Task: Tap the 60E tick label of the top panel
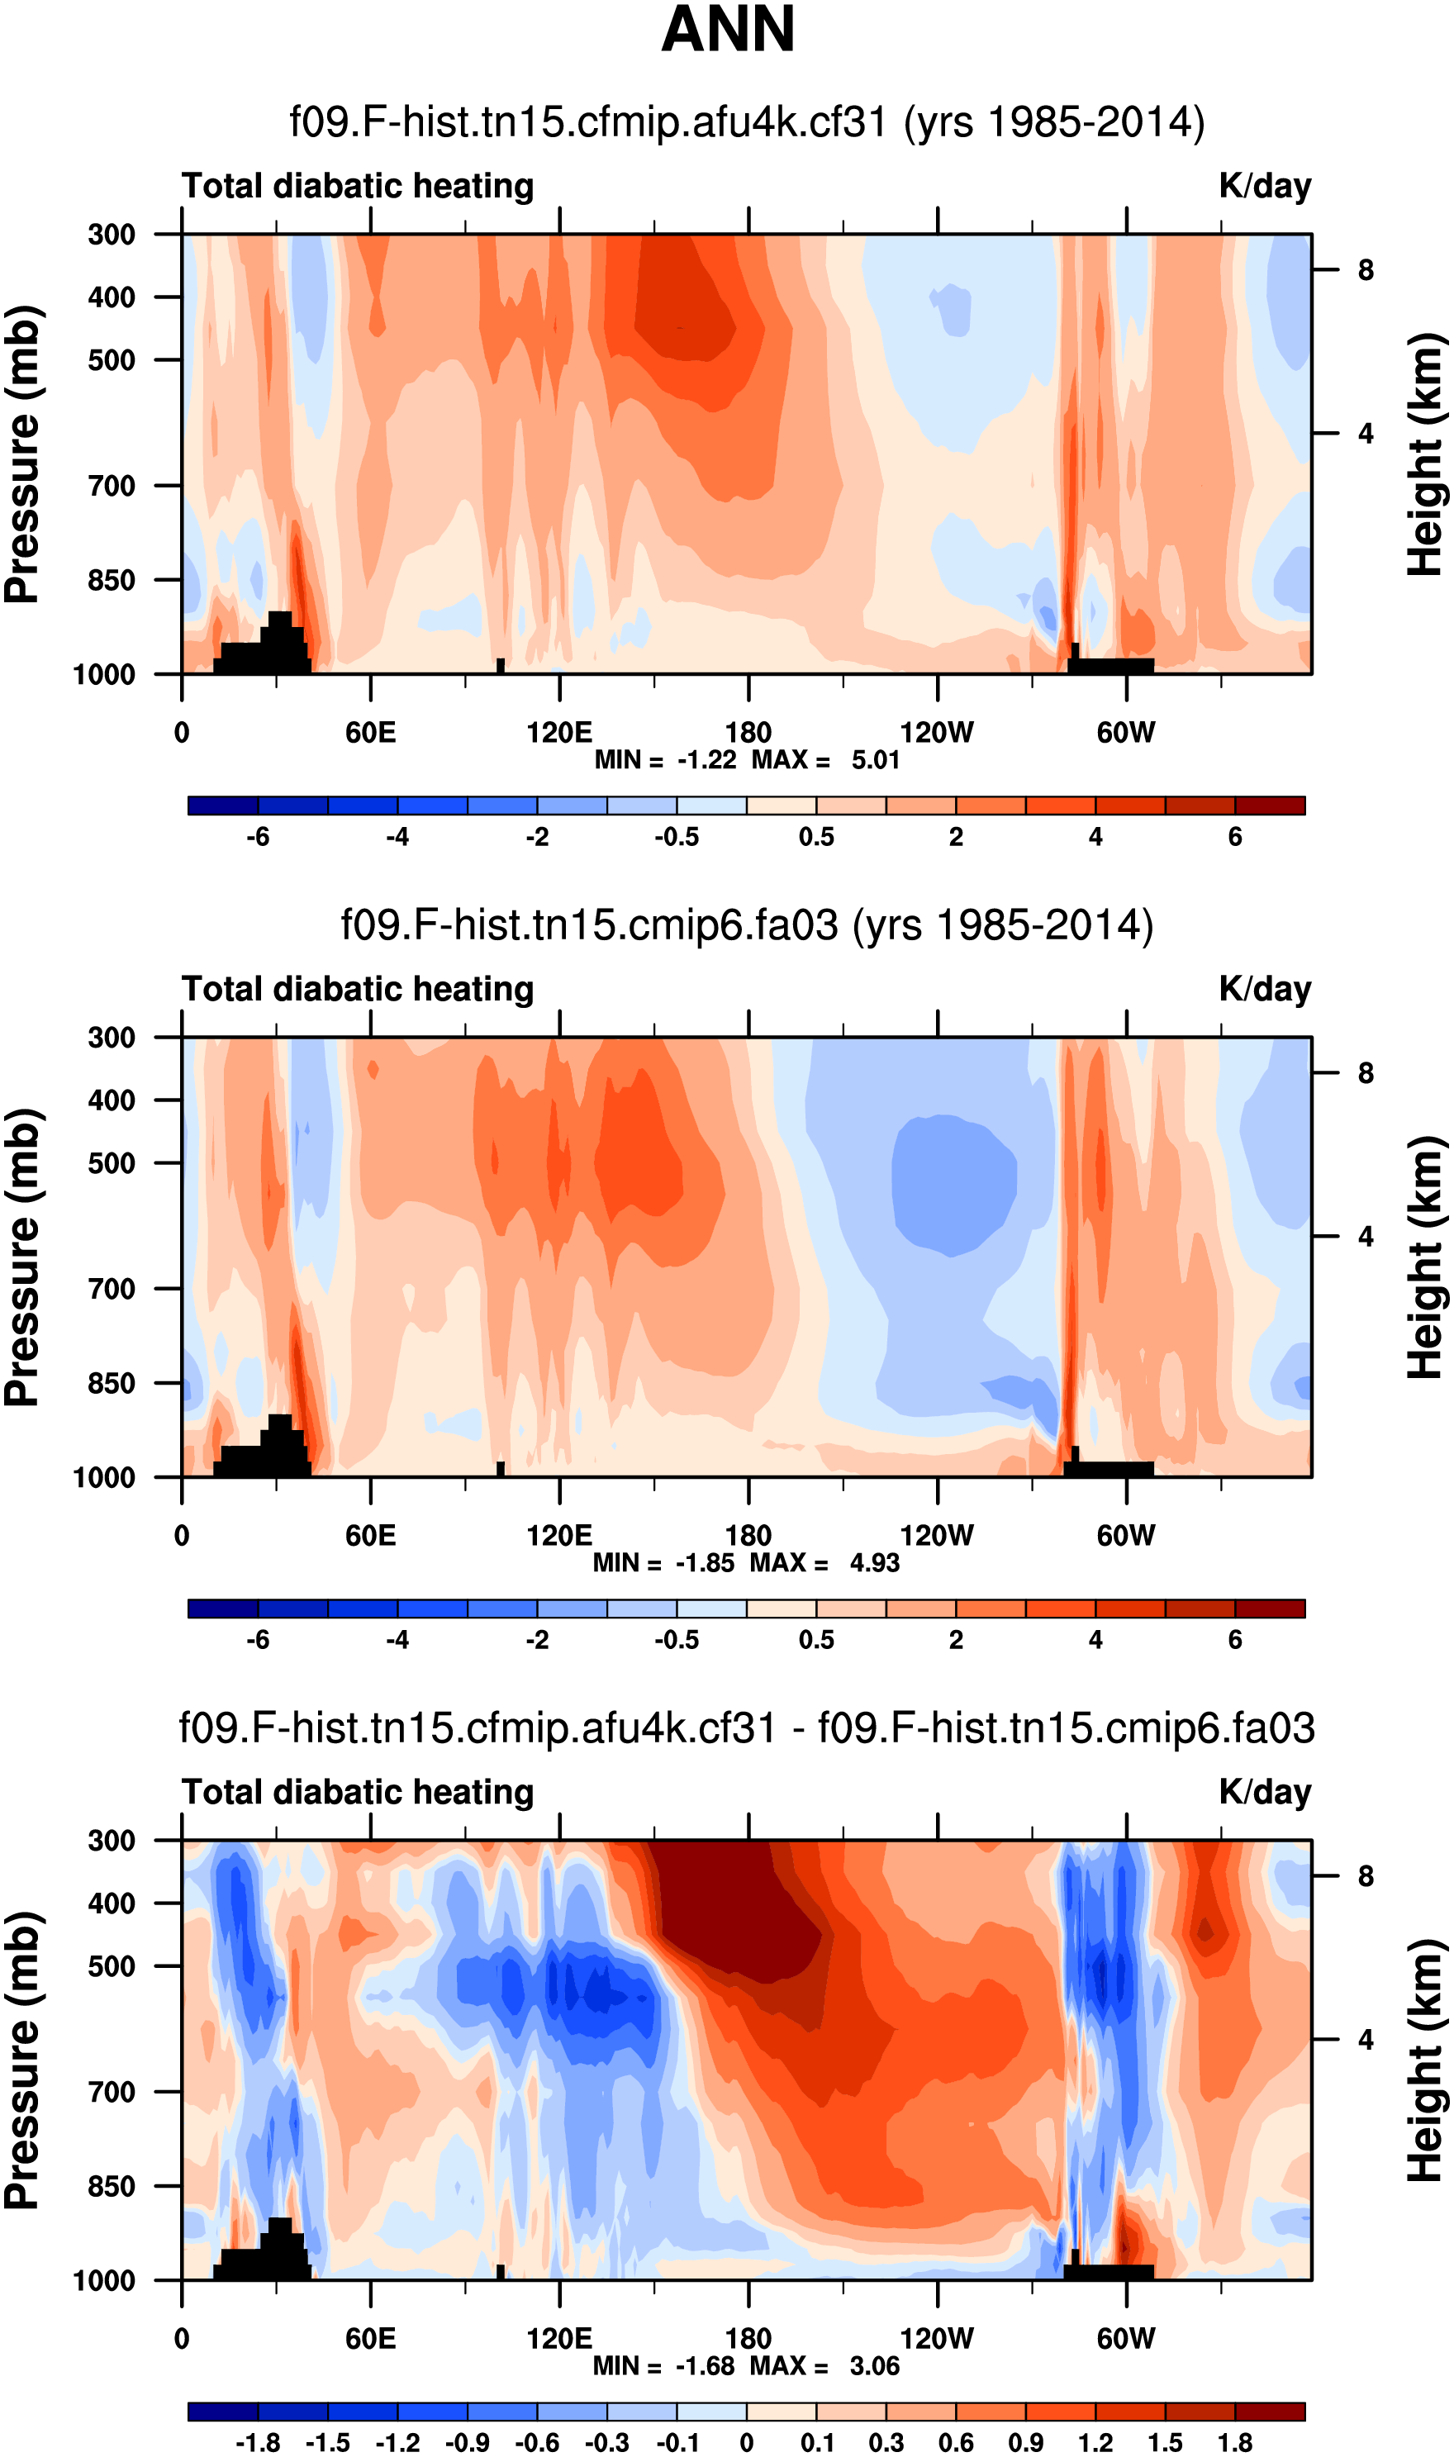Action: tap(370, 732)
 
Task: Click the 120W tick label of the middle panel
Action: tap(937, 1535)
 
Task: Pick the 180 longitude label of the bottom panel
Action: tap(748, 2339)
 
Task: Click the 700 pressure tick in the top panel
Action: tap(112, 485)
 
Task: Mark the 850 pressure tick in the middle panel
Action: tap(112, 1383)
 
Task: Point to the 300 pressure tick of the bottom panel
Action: tap(112, 1841)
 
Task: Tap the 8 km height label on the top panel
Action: tap(1366, 270)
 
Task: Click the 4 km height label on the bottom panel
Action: tap(1366, 2040)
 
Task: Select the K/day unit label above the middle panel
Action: tap(1264, 990)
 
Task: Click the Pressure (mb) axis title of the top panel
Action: tap(21, 454)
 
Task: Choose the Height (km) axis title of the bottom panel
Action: tap(1427, 2060)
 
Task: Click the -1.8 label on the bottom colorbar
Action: tap(258, 2443)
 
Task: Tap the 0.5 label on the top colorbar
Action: tap(816, 837)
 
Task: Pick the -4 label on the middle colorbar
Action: tap(397, 1640)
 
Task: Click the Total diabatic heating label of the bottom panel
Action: tap(358, 1793)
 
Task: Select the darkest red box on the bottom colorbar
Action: tap(1270, 2411)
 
